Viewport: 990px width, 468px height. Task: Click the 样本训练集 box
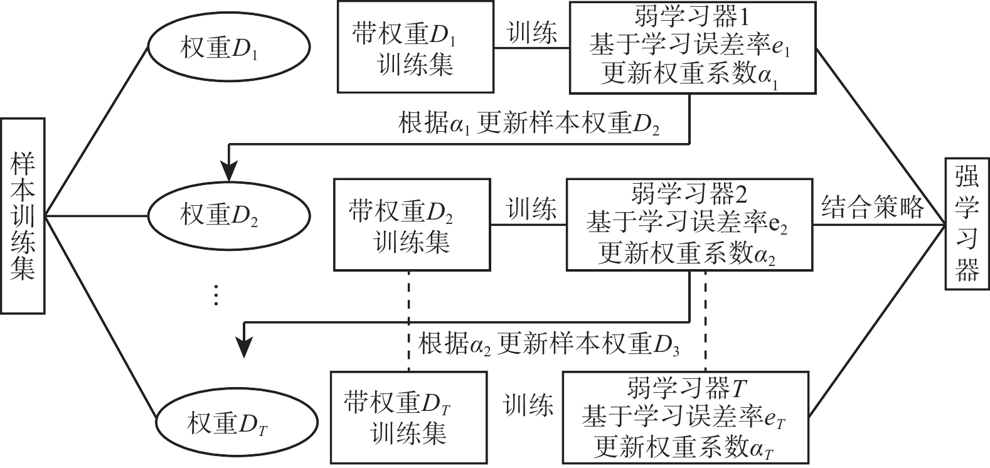(x=23, y=215)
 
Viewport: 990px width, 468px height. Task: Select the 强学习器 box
(x=967, y=223)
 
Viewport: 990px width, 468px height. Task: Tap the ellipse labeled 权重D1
(x=228, y=48)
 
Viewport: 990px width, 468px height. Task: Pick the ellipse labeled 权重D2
(x=228, y=216)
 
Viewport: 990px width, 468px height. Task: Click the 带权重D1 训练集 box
(x=415, y=48)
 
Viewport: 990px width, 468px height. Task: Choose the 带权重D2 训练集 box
(x=412, y=225)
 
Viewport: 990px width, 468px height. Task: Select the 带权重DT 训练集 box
(x=408, y=418)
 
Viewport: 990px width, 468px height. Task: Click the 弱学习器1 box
(x=693, y=48)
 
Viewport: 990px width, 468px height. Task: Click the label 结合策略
(x=872, y=206)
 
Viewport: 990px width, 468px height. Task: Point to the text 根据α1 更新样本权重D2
(x=529, y=124)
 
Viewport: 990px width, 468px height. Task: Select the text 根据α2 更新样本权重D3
(x=550, y=344)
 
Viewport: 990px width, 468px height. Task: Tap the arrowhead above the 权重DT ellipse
(x=244, y=347)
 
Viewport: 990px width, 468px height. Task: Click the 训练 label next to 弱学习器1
(x=531, y=33)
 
